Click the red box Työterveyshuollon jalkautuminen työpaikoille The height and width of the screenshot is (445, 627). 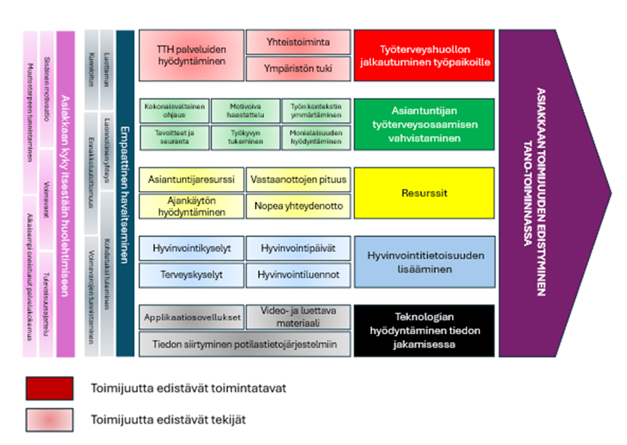(x=425, y=55)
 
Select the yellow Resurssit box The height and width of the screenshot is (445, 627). (x=425, y=193)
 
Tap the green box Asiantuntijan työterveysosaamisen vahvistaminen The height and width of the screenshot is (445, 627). (x=425, y=124)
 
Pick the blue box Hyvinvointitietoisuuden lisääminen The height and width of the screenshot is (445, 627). (x=425, y=262)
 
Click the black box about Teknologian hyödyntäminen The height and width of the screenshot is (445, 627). (x=425, y=330)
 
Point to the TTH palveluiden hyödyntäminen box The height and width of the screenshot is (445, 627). (x=191, y=55)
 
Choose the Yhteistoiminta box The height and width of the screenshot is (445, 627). (x=298, y=42)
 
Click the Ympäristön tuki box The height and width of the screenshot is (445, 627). (x=298, y=68)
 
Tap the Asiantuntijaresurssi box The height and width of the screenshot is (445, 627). (x=191, y=179)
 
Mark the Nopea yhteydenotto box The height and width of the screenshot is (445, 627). (x=298, y=206)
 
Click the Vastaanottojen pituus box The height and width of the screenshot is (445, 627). (x=298, y=179)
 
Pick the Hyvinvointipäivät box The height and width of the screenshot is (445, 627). (x=298, y=248)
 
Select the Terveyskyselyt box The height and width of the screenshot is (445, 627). (x=191, y=275)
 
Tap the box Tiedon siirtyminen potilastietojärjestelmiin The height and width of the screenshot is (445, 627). (x=245, y=344)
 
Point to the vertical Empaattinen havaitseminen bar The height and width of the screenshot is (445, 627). (x=125, y=192)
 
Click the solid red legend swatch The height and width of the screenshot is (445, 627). (x=50, y=388)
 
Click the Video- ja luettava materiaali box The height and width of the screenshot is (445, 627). (x=298, y=317)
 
